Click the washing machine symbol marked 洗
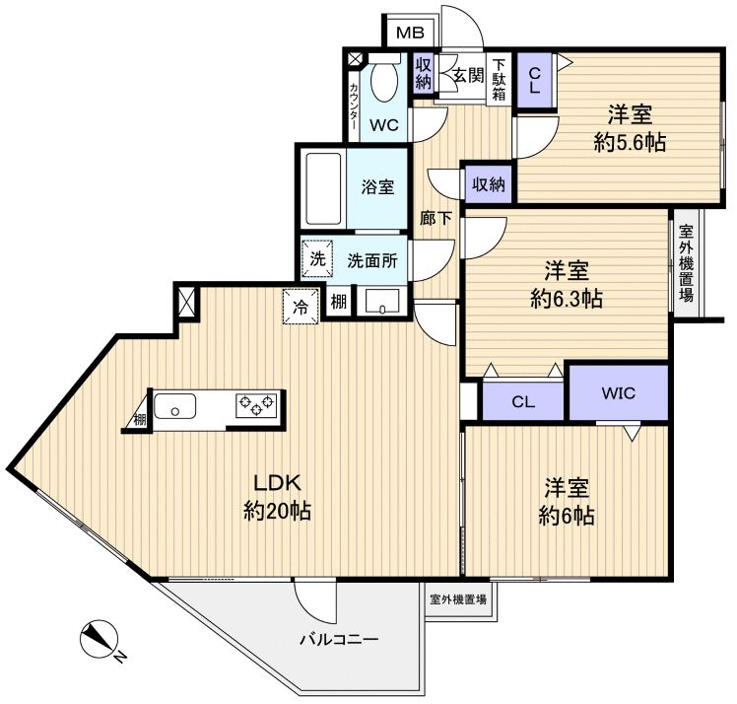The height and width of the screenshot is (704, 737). [x=317, y=260]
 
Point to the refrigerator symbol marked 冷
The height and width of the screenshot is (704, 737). [x=301, y=306]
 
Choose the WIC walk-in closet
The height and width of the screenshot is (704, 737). [x=619, y=393]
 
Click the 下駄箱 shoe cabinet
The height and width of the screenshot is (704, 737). [x=501, y=78]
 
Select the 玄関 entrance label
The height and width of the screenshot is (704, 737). [x=461, y=75]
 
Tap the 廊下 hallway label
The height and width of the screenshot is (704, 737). [x=436, y=219]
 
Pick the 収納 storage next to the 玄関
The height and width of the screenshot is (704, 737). [x=423, y=73]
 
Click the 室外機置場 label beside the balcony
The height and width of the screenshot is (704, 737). [x=457, y=598]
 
